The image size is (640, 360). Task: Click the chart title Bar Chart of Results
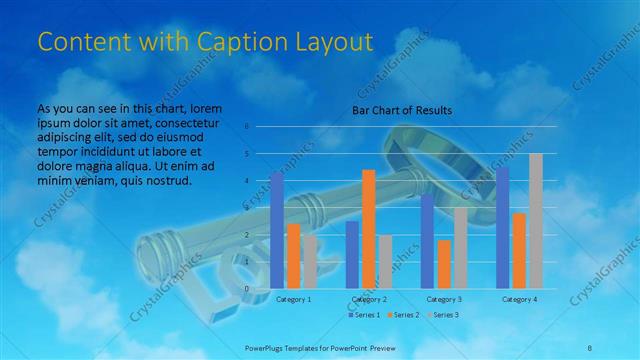click(401, 110)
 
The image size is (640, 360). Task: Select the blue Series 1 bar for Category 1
click(277, 230)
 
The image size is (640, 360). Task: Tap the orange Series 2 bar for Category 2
click(368, 229)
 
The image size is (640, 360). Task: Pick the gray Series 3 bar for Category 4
click(535, 221)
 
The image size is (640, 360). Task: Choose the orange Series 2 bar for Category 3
click(443, 264)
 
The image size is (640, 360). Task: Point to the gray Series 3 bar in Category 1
click(310, 262)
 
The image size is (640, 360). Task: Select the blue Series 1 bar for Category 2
click(352, 255)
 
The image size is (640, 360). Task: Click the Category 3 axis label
click(443, 299)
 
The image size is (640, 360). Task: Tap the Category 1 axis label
click(293, 299)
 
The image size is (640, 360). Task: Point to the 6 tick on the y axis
click(247, 127)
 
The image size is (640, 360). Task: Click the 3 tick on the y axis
click(247, 208)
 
